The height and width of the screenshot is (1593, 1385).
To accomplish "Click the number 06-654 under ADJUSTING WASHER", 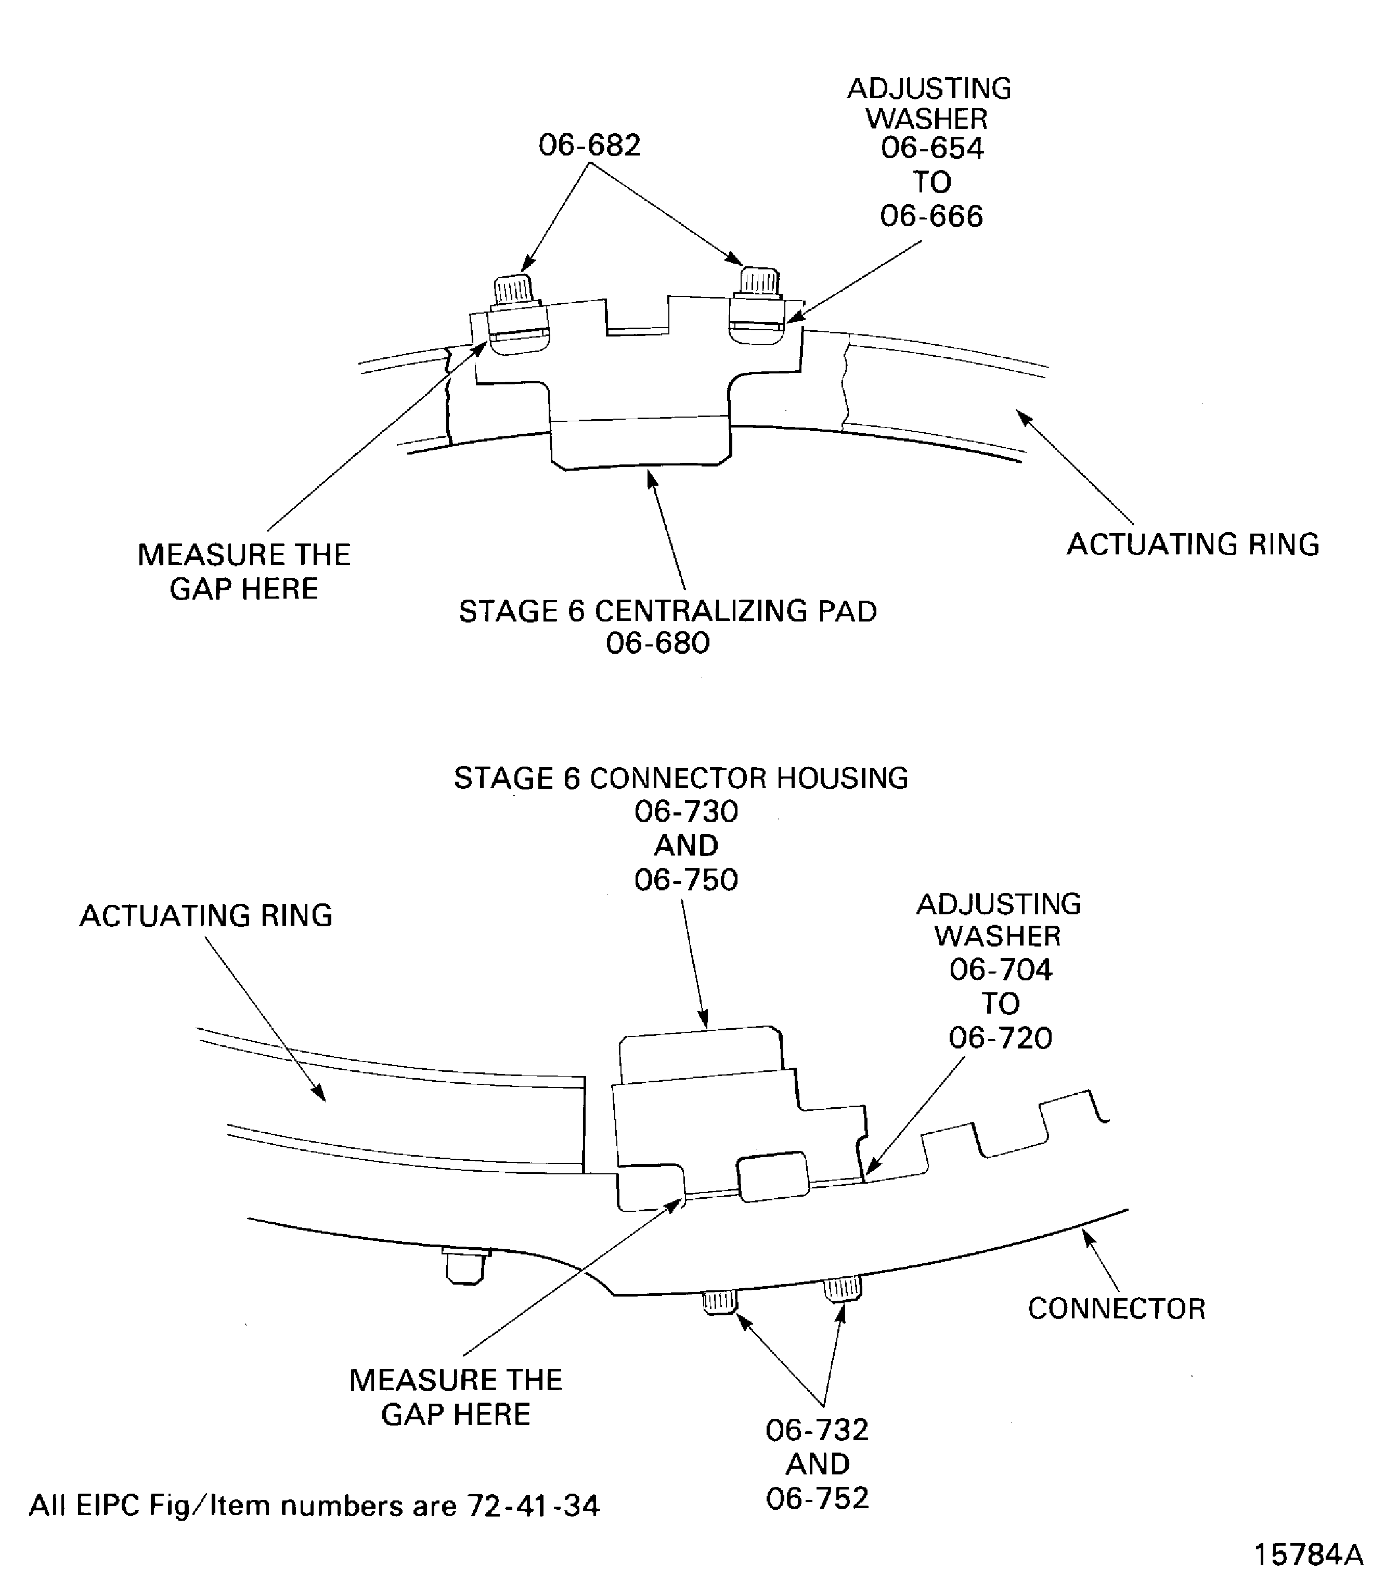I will (x=931, y=148).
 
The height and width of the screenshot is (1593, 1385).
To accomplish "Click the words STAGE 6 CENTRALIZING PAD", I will (x=668, y=612).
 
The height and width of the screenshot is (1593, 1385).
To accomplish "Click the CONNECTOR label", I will (x=1116, y=1309).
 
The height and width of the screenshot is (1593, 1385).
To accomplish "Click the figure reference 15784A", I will (x=1307, y=1555).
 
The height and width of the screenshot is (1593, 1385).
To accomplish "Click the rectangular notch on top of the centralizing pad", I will (x=637, y=317).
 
